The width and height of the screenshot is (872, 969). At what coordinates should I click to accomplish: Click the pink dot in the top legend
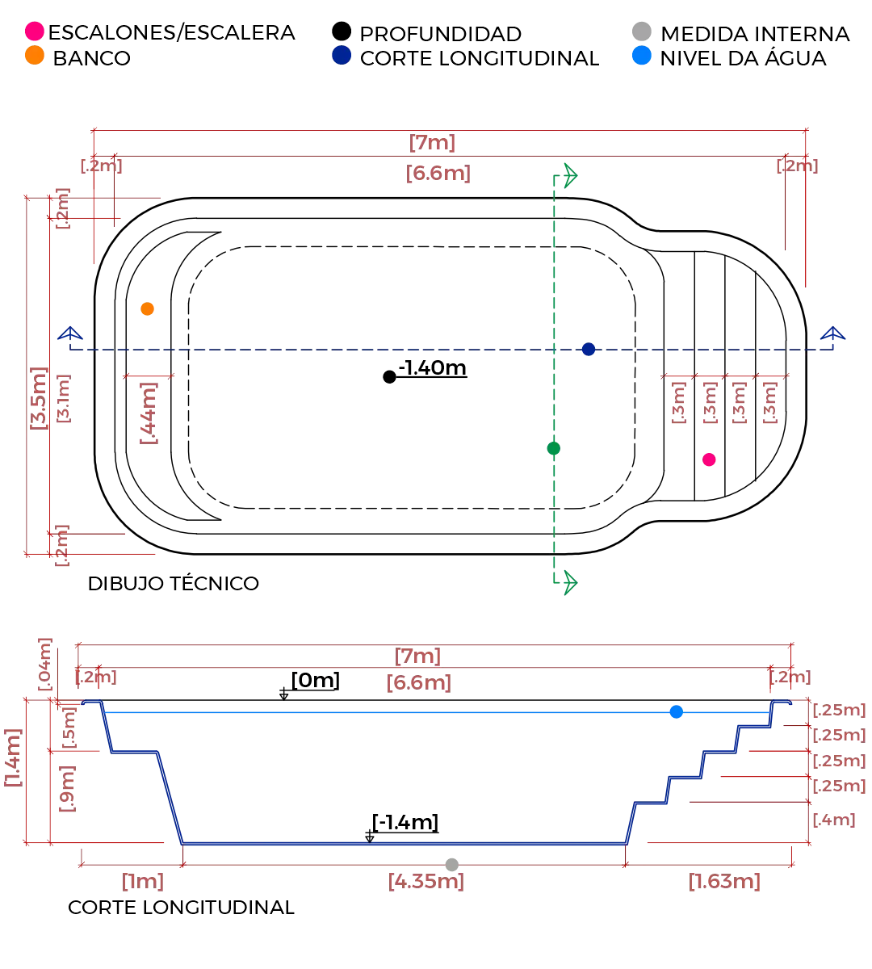[x=34, y=31]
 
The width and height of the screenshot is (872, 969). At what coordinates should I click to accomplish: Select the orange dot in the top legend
[x=34, y=55]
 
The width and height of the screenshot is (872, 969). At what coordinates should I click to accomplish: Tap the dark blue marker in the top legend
[x=342, y=55]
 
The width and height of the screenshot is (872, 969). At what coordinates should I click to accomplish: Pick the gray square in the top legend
[x=640, y=31]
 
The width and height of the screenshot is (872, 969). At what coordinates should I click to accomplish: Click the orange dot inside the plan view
[x=147, y=308]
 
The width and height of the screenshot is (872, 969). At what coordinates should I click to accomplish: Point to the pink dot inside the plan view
[x=709, y=460]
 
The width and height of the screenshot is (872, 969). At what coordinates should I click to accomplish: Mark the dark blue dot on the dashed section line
[x=589, y=350]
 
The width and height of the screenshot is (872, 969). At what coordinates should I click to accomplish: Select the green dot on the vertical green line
[x=553, y=449]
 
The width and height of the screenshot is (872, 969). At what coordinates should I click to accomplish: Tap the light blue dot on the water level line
[x=677, y=711]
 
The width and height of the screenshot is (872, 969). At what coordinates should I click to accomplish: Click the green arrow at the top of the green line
[x=570, y=174]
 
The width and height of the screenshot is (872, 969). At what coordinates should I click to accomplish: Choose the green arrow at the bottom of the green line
[x=570, y=580]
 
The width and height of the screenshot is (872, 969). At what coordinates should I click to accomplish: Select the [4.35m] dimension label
[x=426, y=881]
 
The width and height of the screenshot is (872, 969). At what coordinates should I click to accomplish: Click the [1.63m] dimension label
[x=723, y=881]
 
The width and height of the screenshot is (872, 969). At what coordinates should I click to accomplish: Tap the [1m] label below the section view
[x=145, y=881]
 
